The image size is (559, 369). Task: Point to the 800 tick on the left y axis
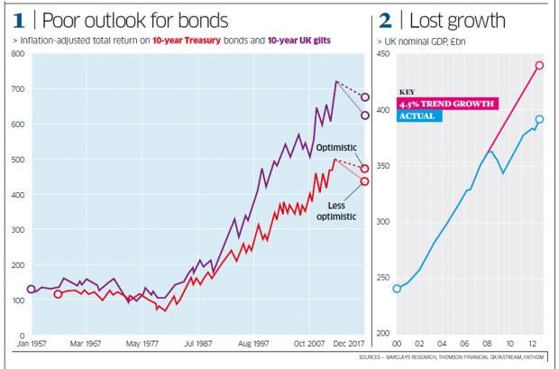[x=15, y=56]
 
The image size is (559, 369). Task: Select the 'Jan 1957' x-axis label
[x=32, y=344]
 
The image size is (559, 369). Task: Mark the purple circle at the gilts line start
[x=32, y=290]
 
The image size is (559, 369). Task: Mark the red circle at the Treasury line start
[x=59, y=294]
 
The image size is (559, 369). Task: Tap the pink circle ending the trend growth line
[x=539, y=65]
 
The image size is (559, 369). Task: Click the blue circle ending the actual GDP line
[x=539, y=119]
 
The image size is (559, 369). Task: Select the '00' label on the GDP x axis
[x=397, y=344]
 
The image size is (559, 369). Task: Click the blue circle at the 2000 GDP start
[x=397, y=289]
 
